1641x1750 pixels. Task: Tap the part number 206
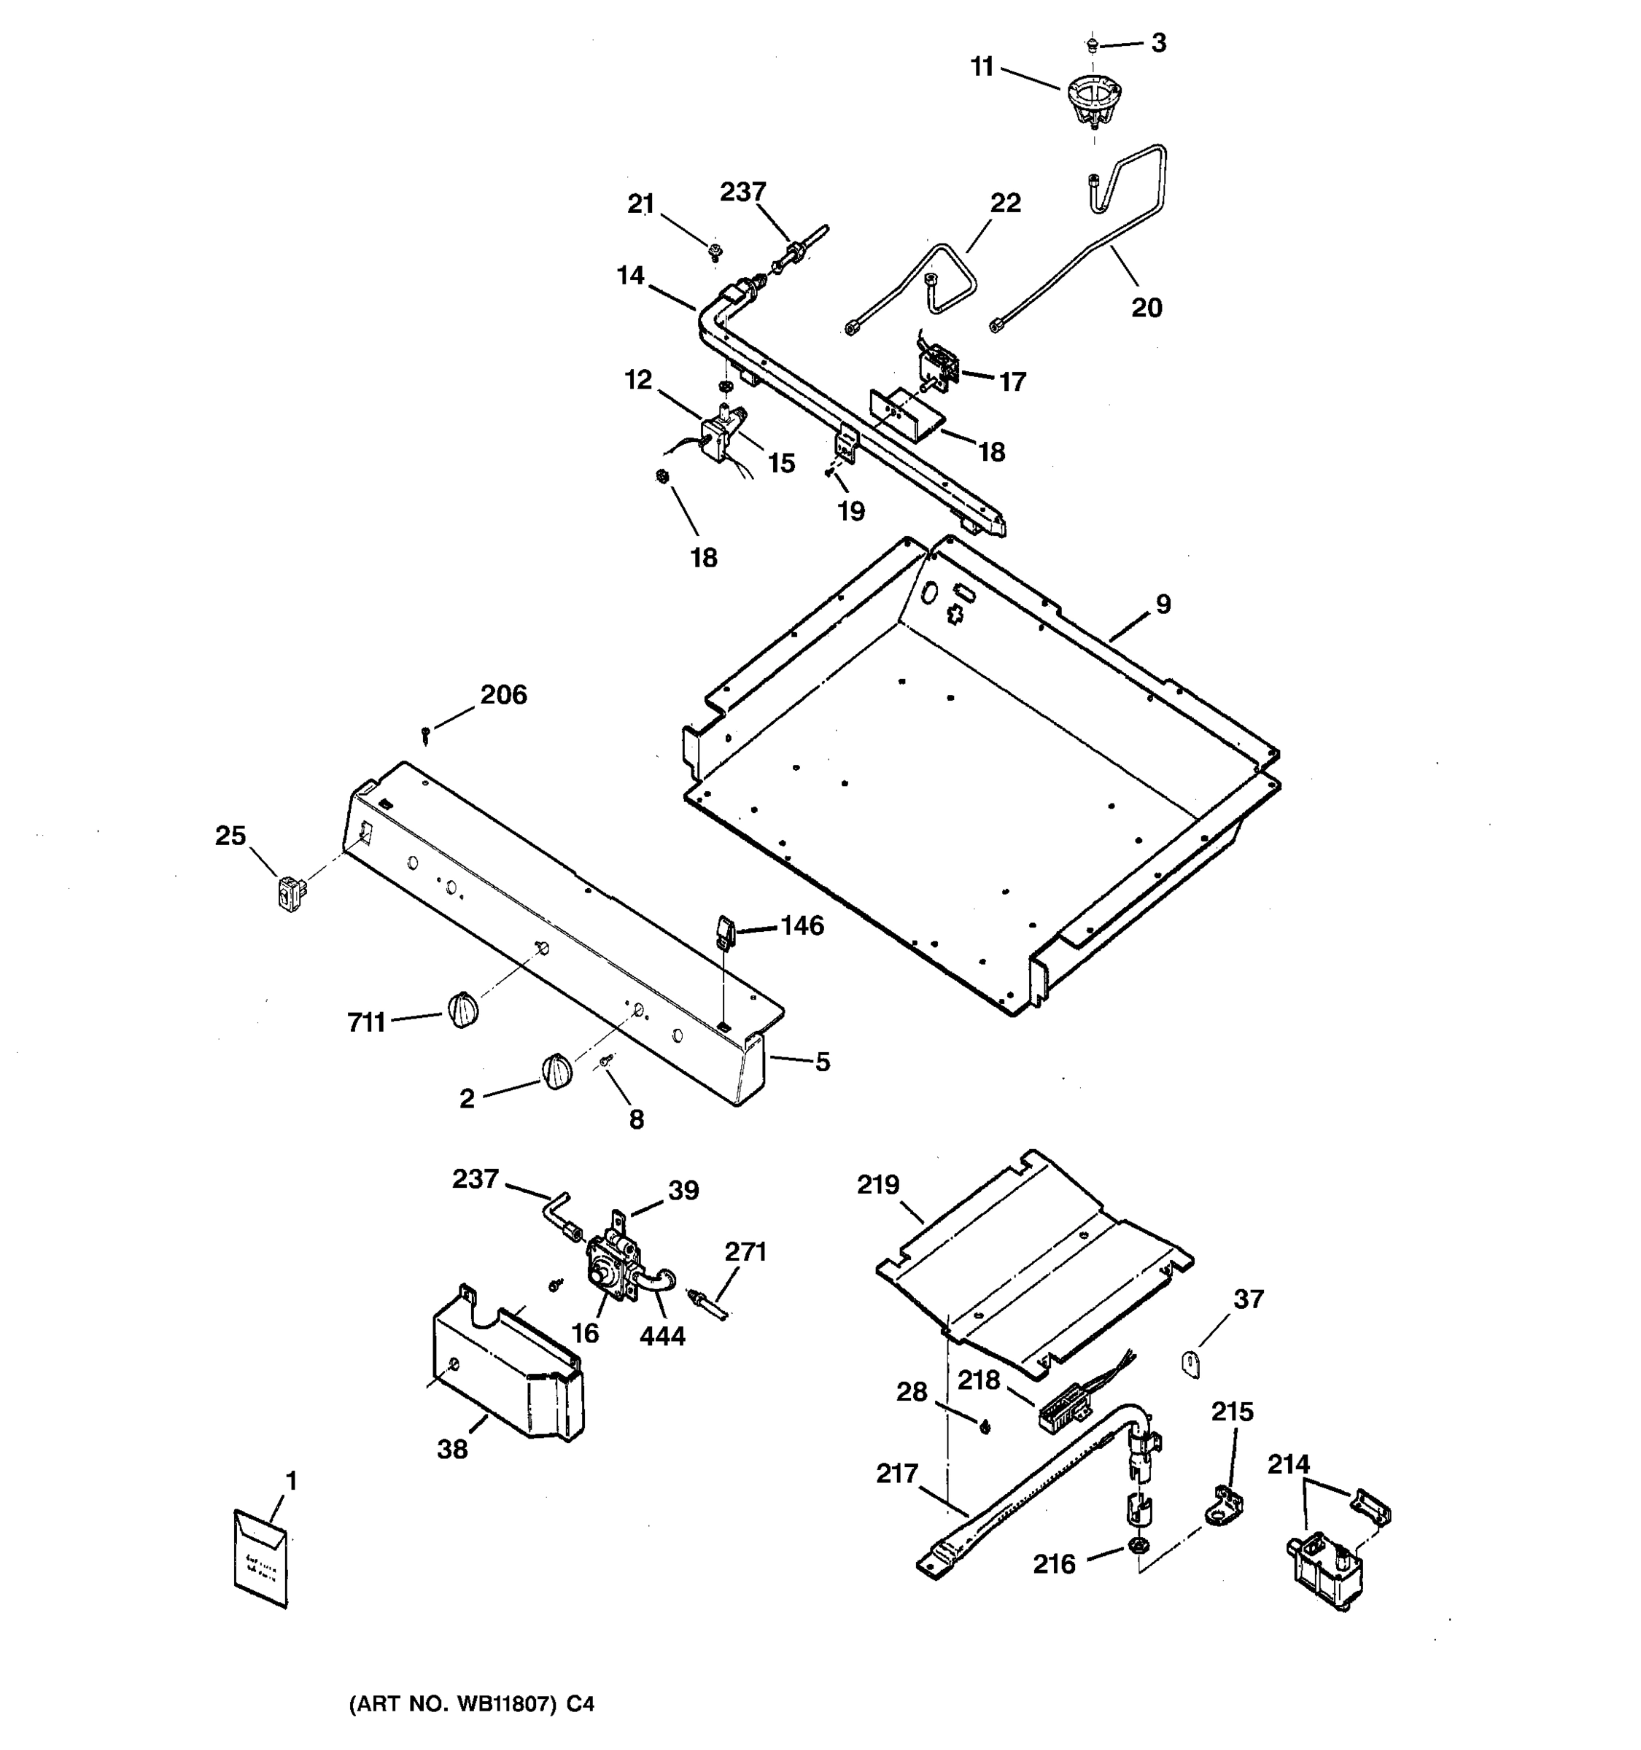coord(503,696)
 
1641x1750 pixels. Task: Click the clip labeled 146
coord(723,930)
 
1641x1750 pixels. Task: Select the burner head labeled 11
coord(1094,102)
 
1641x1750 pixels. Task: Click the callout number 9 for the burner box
coord(1163,604)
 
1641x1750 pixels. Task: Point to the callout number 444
coord(662,1337)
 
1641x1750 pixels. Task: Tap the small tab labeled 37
coord(1190,1365)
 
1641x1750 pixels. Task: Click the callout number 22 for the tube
coord(1005,203)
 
